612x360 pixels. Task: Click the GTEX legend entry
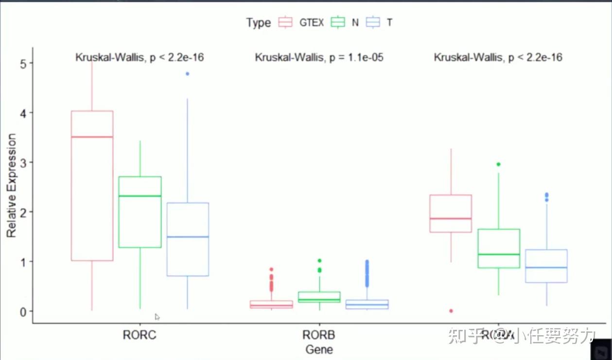coord(301,22)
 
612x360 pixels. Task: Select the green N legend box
coord(337,22)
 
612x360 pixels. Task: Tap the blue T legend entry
coord(373,22)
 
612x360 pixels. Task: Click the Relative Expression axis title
coord(12,186)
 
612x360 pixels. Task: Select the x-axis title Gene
coord(319,349)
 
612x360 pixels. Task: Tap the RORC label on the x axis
coord(140,335)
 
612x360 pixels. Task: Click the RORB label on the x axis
coord(319,335)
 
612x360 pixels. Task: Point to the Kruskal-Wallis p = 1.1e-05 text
coord(319,58)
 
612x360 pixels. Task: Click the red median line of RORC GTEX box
coord(92,137)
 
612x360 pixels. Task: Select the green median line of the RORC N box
coord(140,196)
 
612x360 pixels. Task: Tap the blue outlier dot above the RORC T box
coord(188,74)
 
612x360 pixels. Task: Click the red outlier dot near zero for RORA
coord(451,311)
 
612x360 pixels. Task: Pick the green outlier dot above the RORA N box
coord(499,164)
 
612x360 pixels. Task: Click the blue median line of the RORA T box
coord(546,268)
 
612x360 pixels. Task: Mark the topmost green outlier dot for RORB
coord(319,261)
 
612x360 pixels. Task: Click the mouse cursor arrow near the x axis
coord(157,317)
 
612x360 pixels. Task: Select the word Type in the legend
coord(258,23)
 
